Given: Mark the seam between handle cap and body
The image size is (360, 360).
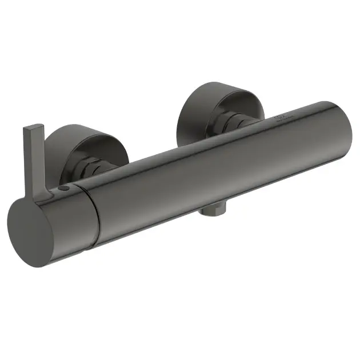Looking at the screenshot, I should [x=90, y=214].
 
